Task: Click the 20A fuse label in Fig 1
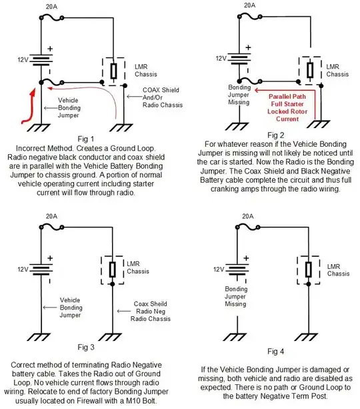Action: click(x=51, y=7)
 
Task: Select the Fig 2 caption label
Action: click(x=275, y=135)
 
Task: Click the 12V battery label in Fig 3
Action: click(x=23, y=269)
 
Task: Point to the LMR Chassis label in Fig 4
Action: click(x=338, y=270)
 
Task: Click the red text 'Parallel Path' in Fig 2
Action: click(x=287, y=96)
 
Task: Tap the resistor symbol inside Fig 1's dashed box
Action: click(x=113, y=71)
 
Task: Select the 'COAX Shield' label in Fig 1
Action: click(x=161, y=90)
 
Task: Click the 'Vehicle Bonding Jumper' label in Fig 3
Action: click(x=71, y=308)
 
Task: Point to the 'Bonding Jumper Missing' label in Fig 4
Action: click(x=236, y=296)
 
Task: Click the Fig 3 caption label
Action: click(x=86, y=347)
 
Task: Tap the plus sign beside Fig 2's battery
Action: click(x=248, y=47)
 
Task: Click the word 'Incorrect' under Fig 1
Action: click(x=31, y=148)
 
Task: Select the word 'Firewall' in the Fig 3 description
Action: click(x=85, y=400)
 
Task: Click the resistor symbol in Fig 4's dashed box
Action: click(x=309, y=270)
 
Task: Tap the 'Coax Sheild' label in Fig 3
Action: click(x=151, y=304)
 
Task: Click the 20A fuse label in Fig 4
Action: click(x=247, y=216)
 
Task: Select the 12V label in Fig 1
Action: click(x=23, y=60)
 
